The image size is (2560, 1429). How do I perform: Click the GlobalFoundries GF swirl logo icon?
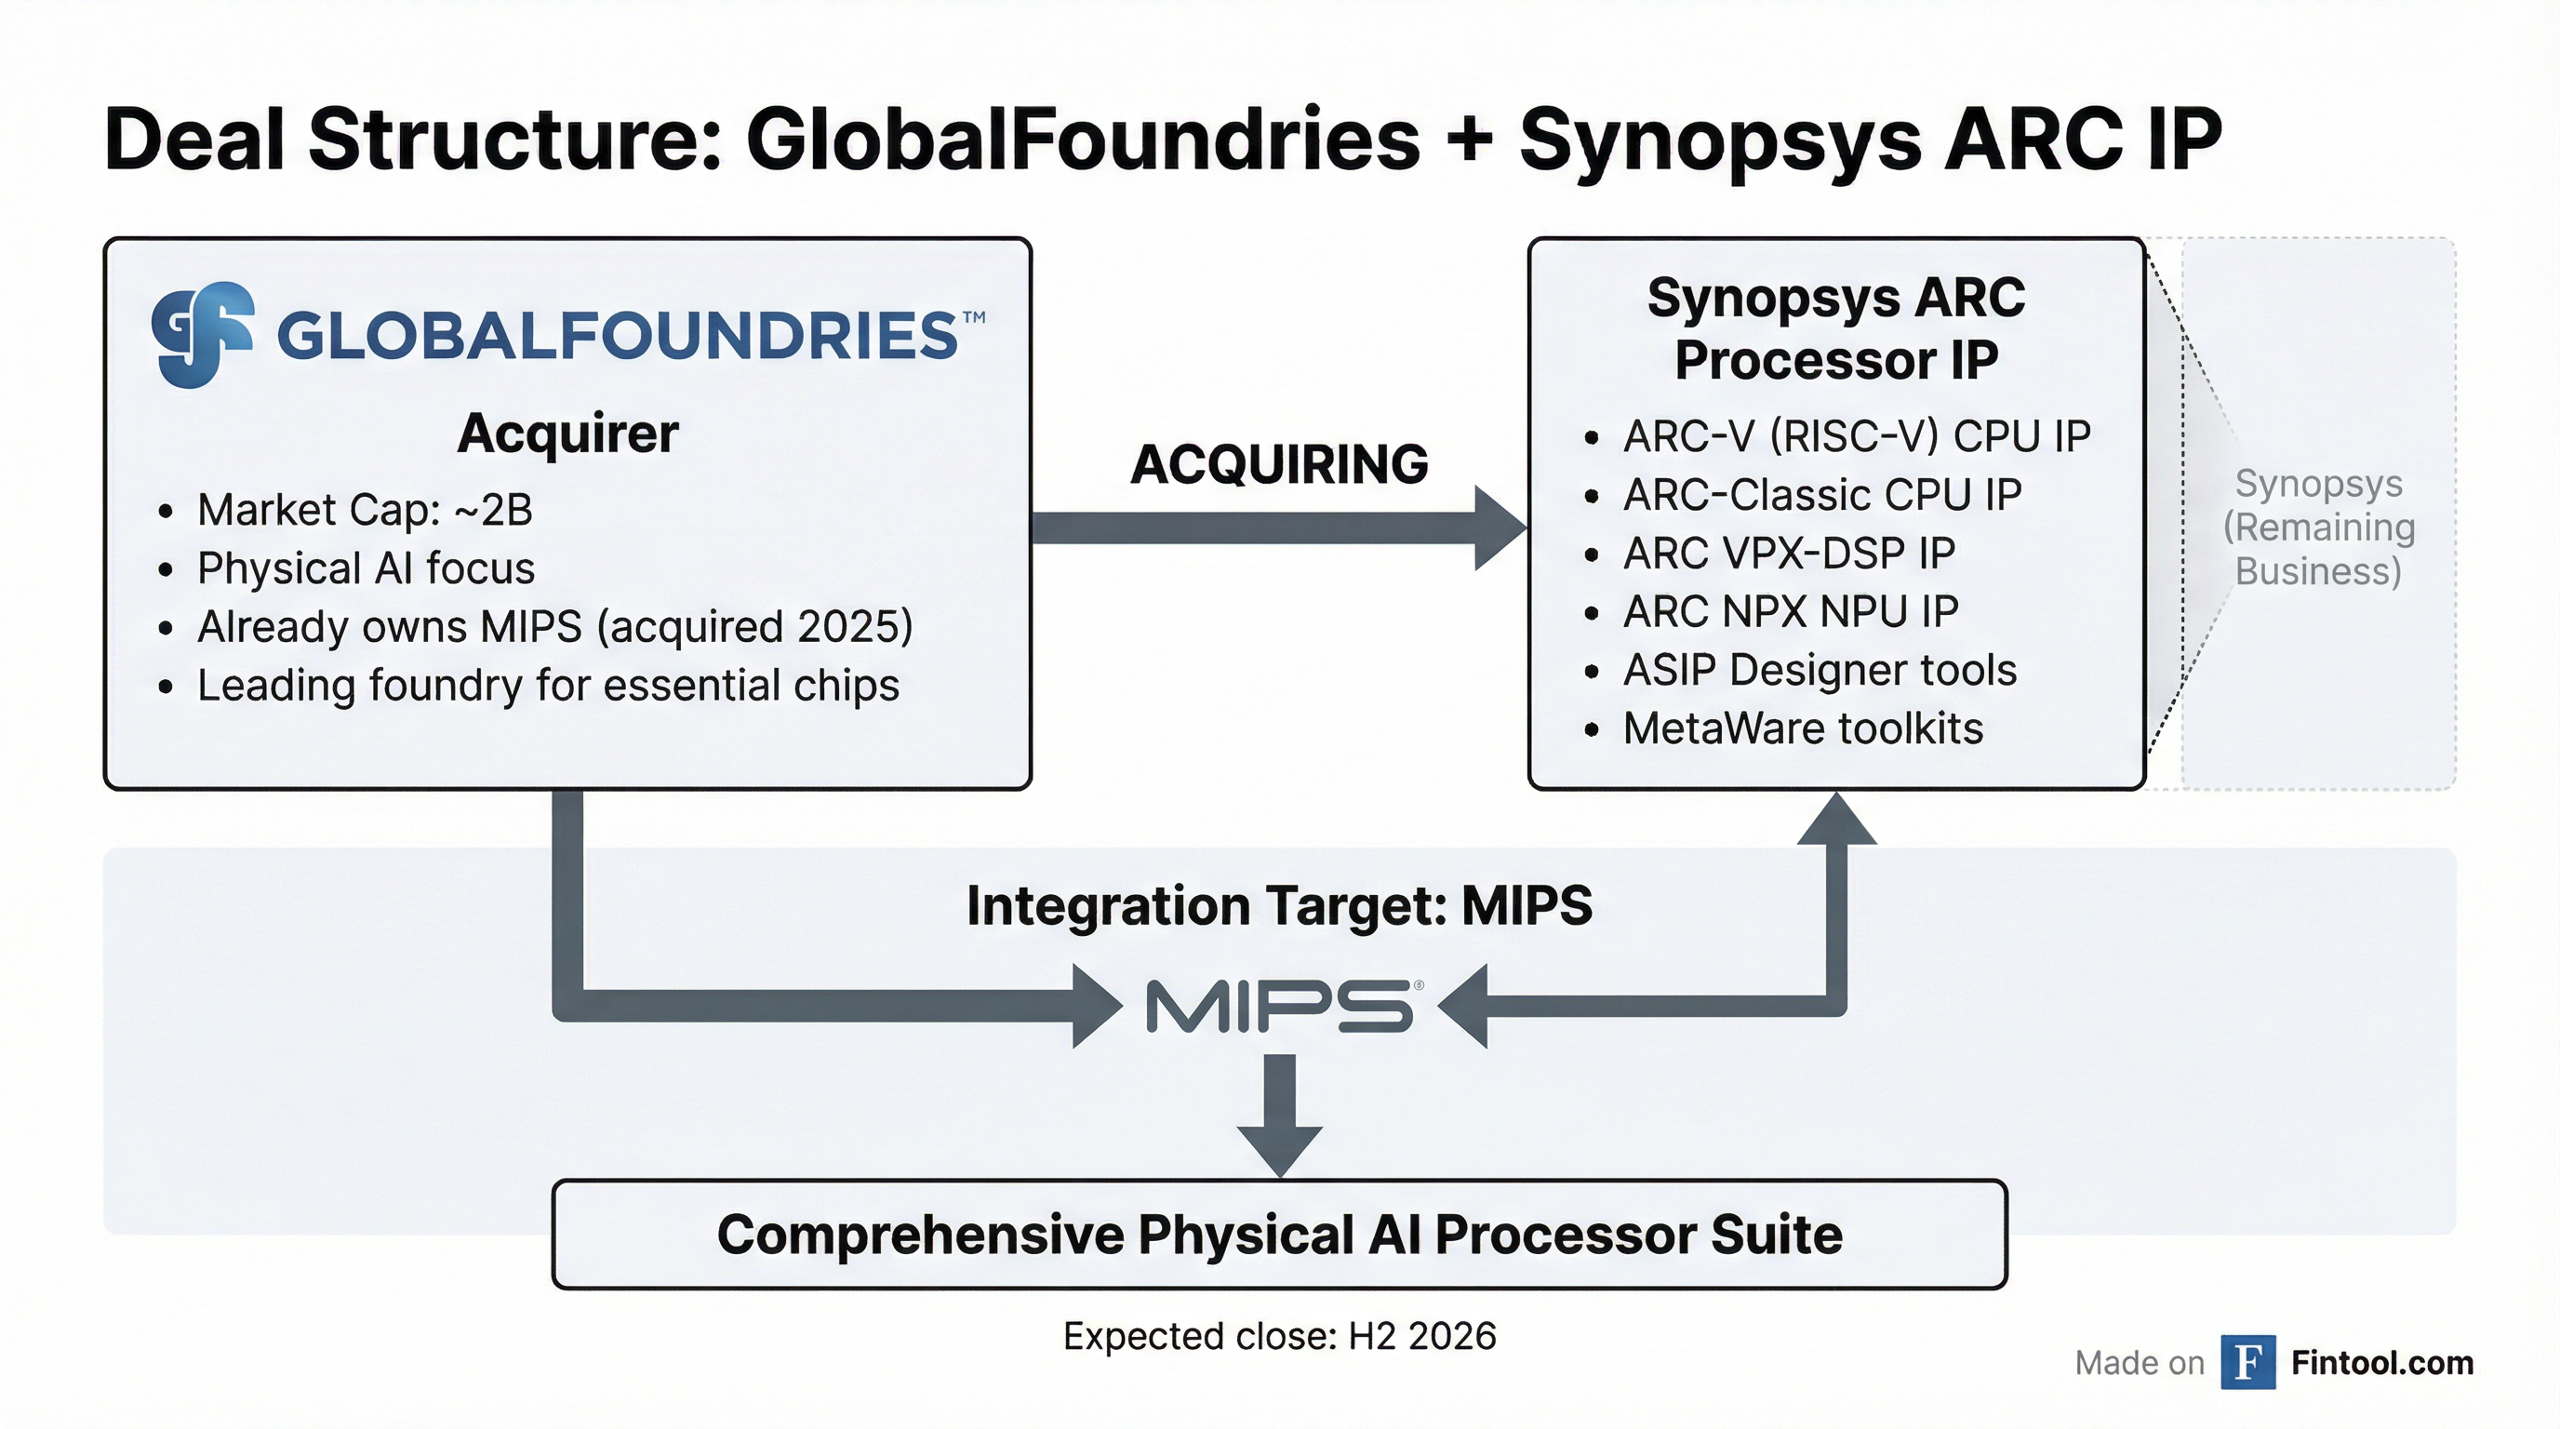(x=202, y=334)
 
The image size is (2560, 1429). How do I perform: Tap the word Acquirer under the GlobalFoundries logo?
(x=567, y=434)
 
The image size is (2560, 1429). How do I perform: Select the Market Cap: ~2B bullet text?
(x=365, y=510)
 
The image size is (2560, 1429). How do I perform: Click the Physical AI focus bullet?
(x=366, y=568)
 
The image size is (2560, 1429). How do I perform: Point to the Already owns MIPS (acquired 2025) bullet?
(x=554, y=627)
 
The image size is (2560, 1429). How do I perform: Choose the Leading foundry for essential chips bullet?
(x=548, y=686)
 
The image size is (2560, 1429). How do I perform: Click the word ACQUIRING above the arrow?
(x=1279, y=464)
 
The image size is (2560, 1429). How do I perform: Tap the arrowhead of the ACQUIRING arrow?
(x=1499, y=528)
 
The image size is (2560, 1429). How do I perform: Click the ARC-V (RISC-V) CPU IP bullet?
(x=1857, y=436)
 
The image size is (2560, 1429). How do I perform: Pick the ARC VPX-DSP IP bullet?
(x=1789, y=554)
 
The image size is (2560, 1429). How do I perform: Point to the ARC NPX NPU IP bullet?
(x=1790, y=611)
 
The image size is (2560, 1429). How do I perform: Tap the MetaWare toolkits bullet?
(x=1803, y=728)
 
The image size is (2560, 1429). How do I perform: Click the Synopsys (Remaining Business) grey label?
(x=2318, y=528)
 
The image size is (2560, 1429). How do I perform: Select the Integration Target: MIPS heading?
(x=1279, y=905)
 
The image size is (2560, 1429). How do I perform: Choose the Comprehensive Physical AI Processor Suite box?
(x=1279, y=1235)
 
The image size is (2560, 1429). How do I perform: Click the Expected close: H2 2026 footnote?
(x=1279, y=1337)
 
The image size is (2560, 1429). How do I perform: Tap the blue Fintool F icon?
(x=2248, y=1362)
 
